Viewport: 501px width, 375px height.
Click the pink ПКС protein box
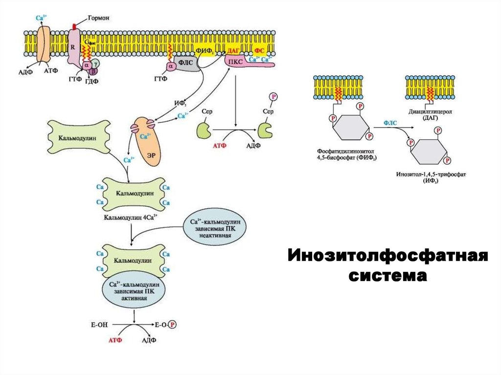coord(237,62)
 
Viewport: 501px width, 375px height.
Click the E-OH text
coord(98,324)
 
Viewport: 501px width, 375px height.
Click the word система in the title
coord(387,275)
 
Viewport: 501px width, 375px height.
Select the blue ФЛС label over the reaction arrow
coord(390,124)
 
